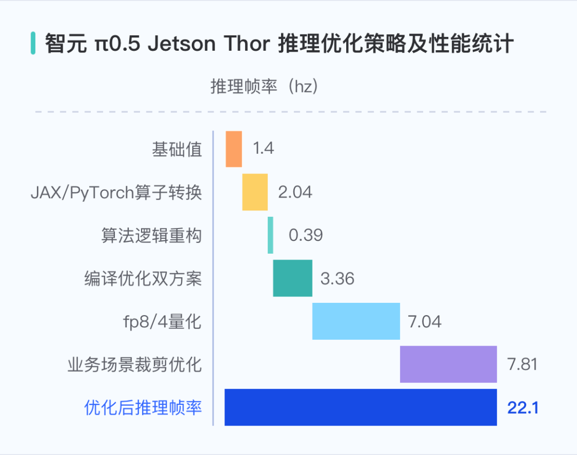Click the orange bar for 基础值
(x=233, y=149)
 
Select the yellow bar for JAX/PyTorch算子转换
(x=255, y=192)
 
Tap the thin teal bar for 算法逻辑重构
(x=270, y=235)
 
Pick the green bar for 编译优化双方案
(x=292, y=278)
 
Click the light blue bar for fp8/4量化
(x=356, y=321)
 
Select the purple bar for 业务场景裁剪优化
(x=448, y=364)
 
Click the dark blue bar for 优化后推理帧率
(x=361, y=407)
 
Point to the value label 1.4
(x=263, y=149)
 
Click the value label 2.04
(x=295, y=192)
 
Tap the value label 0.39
(x=306, y=235)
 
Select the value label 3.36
(x=337, y=278)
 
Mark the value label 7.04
(x=424, y=321)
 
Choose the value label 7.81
(x=522, y=364)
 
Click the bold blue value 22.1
(x=523, y=408)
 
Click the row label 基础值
(x=177, y=150)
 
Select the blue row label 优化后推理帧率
(x=143, y=408)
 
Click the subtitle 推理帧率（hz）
(x=265, y=87)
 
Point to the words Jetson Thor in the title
(x=209, y=44)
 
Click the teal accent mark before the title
(x=33, y=43)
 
